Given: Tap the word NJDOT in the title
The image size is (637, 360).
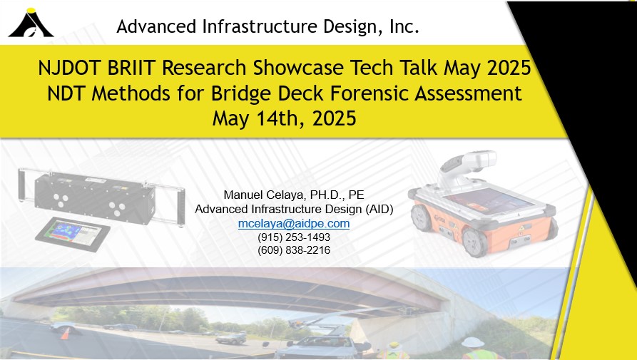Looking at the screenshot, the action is pos(70,68).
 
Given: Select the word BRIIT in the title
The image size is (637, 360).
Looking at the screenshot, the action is pos(131,68).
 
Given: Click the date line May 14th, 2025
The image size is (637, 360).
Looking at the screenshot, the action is pos(285,119).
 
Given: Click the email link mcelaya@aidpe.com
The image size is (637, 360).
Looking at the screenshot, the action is pos(294,224).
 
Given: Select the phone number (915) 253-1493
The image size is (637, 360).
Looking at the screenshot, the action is pos(294,237).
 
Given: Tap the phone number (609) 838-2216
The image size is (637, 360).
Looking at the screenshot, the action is pos(294,250).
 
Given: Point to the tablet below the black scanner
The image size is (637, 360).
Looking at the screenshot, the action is pos(73,234).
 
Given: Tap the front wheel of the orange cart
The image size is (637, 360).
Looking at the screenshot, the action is pos(474,242).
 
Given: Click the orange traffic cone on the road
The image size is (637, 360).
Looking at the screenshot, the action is pos(65,333).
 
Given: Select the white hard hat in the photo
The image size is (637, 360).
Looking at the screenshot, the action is pos(473,341).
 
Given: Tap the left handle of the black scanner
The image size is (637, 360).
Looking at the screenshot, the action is pos(22,185).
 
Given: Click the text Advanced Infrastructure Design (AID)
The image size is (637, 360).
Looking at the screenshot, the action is pos(294,210).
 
